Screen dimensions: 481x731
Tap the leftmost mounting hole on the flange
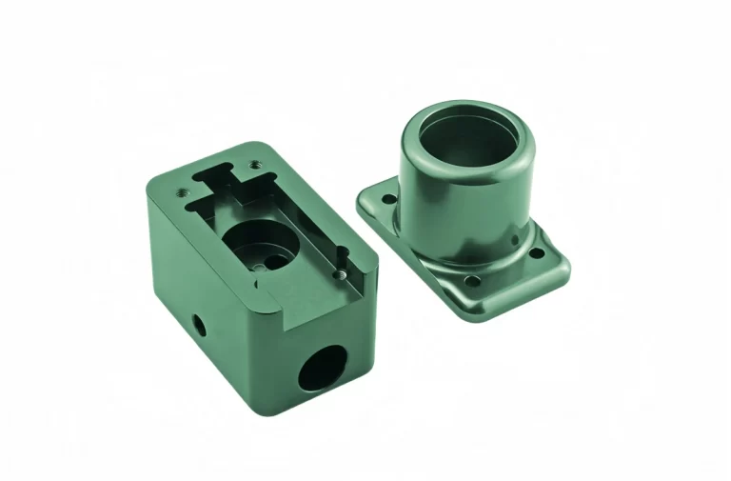click(387, 200)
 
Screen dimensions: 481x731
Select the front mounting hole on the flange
click(470, 282)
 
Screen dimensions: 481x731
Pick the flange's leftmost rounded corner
click(363, 199)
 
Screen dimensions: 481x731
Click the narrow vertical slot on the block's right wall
click(340, 255)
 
